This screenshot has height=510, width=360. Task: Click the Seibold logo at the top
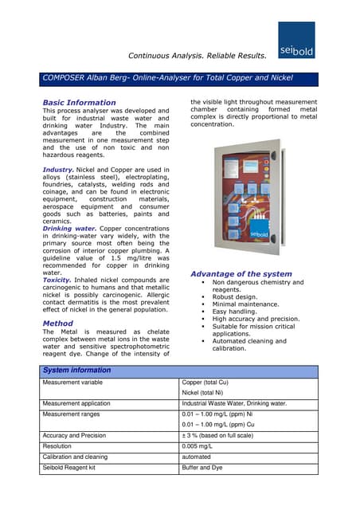point(297,40)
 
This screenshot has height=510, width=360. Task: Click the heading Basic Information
point(79,103)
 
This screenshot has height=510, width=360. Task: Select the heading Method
point(57,324)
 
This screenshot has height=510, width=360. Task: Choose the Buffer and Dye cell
point(202,469)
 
